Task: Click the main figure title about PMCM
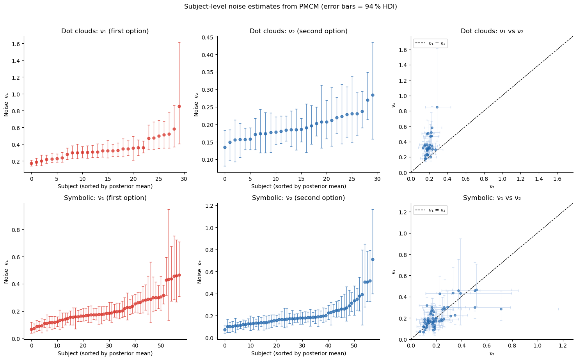tap(290, 7)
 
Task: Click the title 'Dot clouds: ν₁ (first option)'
tap(105, 31)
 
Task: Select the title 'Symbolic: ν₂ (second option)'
tap(298, 198)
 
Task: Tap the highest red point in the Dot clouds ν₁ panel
tap(179, 106)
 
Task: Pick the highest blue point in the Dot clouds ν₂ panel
tap(373, 95)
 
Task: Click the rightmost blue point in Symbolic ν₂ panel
tap(373, 259)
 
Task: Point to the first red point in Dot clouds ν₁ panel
tap(32, 163)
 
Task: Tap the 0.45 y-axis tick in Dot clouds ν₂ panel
tap(208, 37)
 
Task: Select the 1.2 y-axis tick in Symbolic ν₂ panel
tap(209, 206)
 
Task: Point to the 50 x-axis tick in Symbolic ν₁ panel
tap(161, 346)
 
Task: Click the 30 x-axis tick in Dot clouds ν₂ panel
tap(377, 179)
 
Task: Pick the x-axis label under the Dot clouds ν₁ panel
tap(105, 186)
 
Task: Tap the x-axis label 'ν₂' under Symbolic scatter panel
tap(492, 353)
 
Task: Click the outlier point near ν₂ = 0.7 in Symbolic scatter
tap(501, 309)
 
